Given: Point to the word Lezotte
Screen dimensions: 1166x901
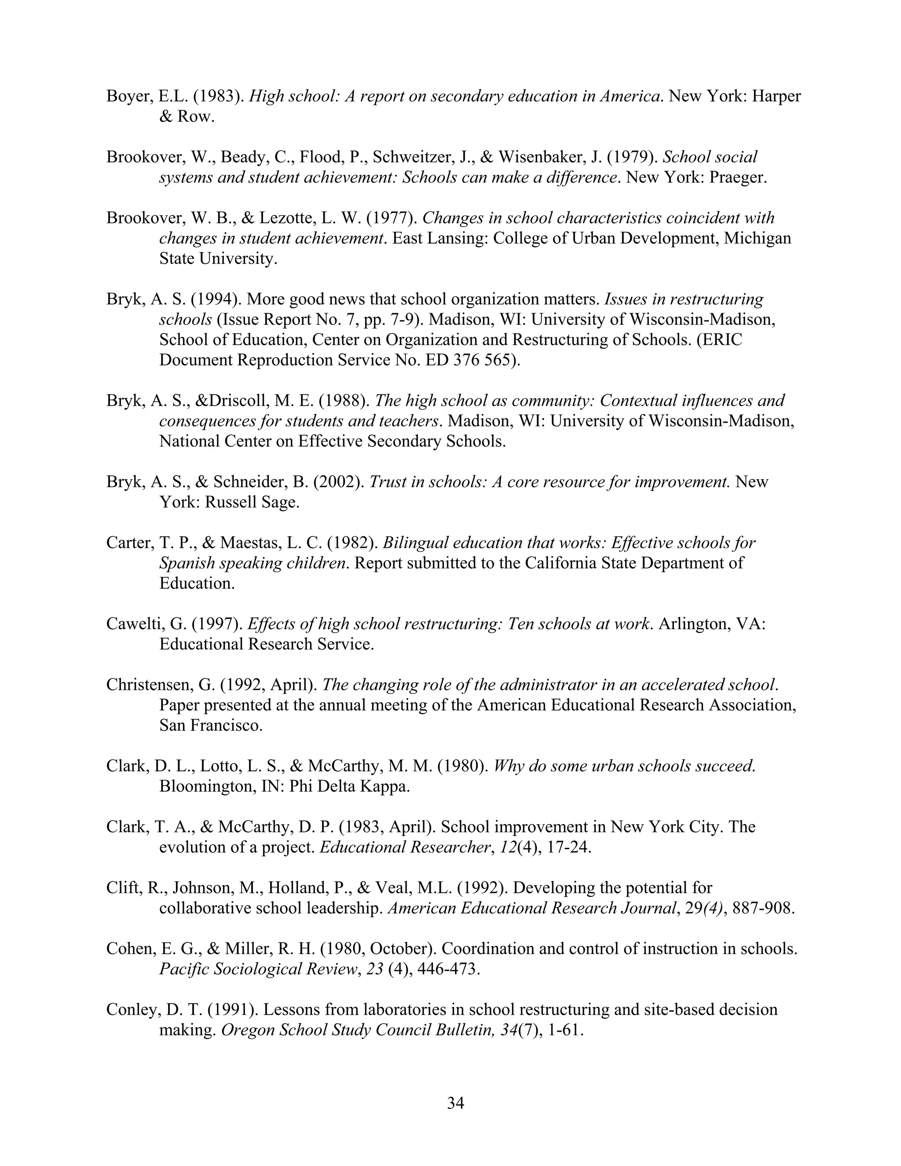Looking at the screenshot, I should pos(289,218).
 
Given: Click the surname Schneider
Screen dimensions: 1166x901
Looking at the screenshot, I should pos(258,482).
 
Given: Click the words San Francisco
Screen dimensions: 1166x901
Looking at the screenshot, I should pos(211,726).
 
